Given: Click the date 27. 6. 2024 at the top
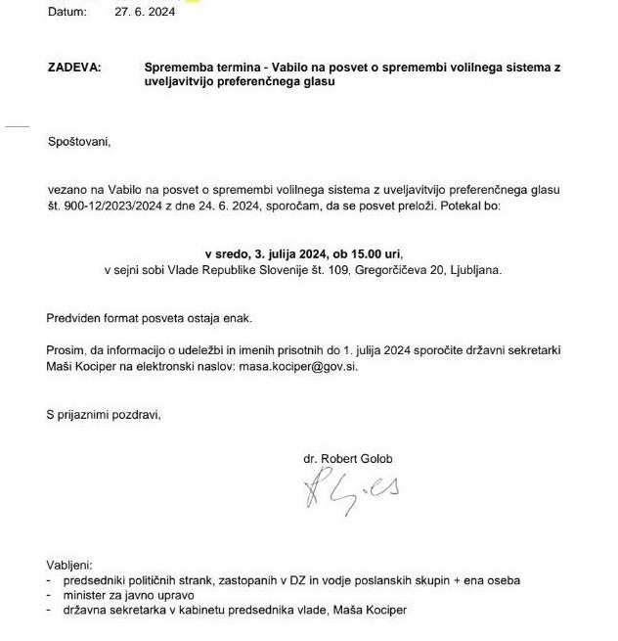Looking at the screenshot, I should click(145, 12).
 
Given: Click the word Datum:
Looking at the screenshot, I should click(66, 12).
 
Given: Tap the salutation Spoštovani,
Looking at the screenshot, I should click(79, 142).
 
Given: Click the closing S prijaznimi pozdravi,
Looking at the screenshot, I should click(104, 414).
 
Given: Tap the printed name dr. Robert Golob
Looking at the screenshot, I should click(351, 458).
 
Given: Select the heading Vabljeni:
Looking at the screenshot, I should click(69, 566).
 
